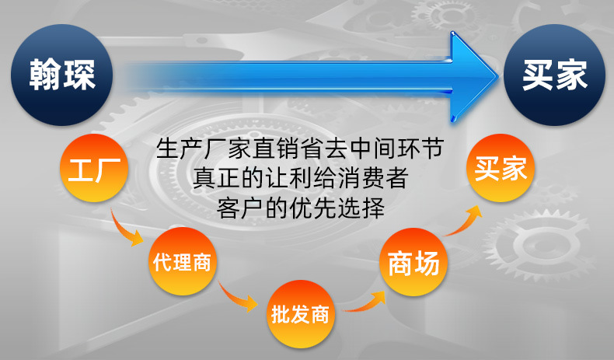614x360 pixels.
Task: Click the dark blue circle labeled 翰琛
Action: coord(63,75)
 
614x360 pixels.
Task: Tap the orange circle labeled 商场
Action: coord(413,264)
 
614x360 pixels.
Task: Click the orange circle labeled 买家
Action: coord(501,168)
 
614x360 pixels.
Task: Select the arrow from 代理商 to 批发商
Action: coord(236,295)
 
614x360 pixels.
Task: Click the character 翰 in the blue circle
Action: coord(44,75)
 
